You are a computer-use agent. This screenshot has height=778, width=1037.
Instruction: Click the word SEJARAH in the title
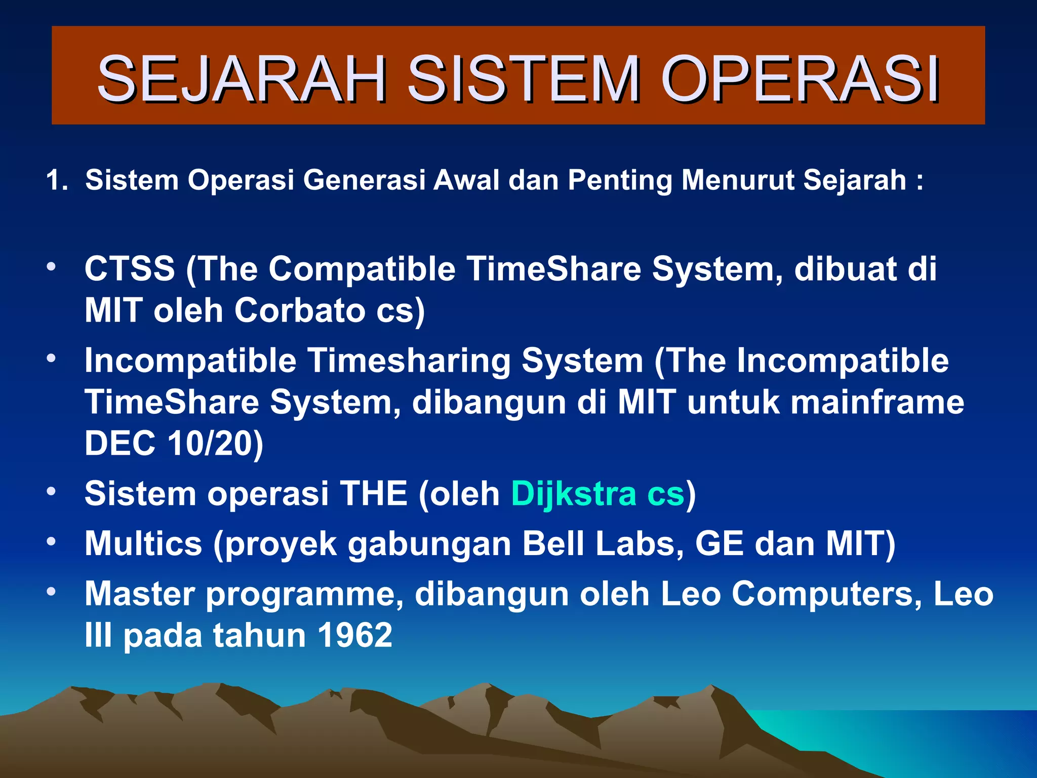click(242, 79)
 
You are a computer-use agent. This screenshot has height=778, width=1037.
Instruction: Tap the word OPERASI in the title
click(800, 79)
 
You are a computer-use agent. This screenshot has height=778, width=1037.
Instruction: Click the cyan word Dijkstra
click(573, 493)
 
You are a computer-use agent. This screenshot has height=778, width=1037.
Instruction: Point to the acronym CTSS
click(130, 269)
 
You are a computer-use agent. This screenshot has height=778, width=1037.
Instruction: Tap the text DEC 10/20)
click(174, 443)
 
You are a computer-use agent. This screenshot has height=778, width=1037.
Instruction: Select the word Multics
click(143, 543)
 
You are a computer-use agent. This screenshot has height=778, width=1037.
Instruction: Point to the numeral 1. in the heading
click(57, 180)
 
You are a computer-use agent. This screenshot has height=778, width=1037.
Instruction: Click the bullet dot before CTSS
click(51, 267)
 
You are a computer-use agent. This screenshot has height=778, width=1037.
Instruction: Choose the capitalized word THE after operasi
click(374, 493)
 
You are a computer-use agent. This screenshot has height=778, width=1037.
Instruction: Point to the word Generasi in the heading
click(364, 180)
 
